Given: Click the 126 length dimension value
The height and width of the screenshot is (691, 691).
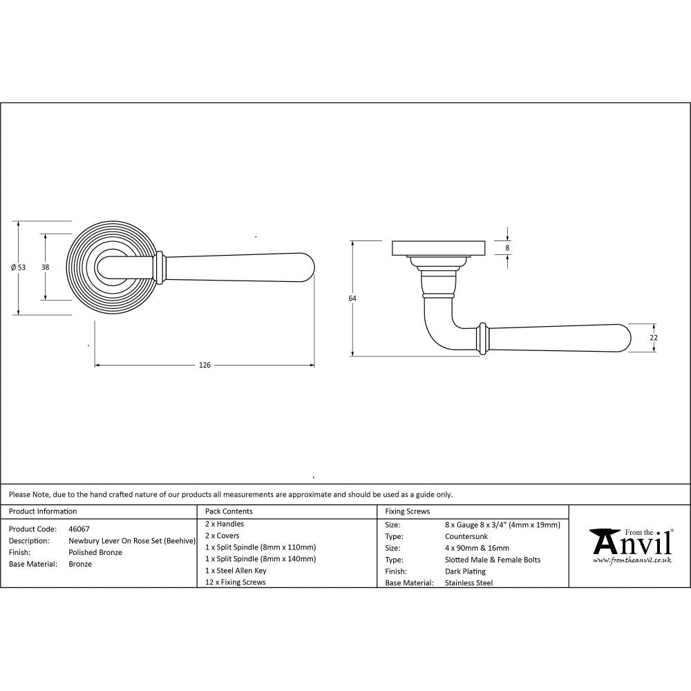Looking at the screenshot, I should (205, 365).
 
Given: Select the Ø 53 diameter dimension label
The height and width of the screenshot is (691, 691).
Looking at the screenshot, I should (19, 267).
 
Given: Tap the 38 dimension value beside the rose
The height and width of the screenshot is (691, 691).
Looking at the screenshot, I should (45, 267).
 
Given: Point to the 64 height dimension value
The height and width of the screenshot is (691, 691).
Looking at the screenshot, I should (352, 299).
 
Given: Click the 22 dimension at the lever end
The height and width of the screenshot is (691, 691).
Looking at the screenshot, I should (654, 337).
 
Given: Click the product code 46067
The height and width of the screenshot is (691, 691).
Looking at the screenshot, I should (79, 529).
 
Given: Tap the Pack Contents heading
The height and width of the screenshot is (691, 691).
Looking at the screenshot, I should (229, 511).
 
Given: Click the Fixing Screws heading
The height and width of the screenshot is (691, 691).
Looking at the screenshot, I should (408, 511).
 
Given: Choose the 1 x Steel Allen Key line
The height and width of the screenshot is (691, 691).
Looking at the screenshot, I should (236, 571).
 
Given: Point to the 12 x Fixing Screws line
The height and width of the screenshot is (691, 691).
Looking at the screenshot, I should (236, 583).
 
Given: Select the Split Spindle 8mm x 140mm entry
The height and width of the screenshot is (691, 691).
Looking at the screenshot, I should (261, 559).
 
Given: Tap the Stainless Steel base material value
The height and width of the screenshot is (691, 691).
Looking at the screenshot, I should (469, 583).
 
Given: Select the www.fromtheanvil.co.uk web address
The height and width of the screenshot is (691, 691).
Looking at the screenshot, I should (632, 560).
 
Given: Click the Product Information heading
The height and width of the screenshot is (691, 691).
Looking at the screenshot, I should (43, 511).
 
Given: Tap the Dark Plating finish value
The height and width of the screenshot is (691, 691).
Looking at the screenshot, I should (466, 571).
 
